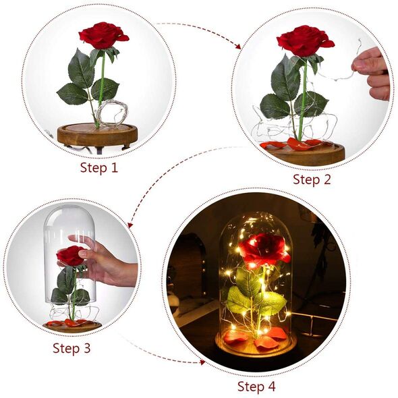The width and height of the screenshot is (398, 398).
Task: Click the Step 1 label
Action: coord(99,168)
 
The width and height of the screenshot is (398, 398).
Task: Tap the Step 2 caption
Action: coord(312,179)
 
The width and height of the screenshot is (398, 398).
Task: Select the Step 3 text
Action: coord(72,348)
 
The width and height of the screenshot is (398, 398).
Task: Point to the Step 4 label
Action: coord(256,387)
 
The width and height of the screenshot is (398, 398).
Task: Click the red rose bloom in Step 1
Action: coord(103,36)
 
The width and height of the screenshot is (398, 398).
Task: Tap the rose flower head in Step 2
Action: coord(305,40)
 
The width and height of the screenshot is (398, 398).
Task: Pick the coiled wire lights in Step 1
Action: coord(112,113)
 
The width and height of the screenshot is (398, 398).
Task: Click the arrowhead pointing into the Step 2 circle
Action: coord(237,47)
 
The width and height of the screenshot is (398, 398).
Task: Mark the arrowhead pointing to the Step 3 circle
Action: coord(130,225)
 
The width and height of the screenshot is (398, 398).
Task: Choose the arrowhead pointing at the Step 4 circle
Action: coord(202,362)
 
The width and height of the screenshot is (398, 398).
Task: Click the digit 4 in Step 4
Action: coord(271,387)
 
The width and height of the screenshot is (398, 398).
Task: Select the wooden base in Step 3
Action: coord(72,327)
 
